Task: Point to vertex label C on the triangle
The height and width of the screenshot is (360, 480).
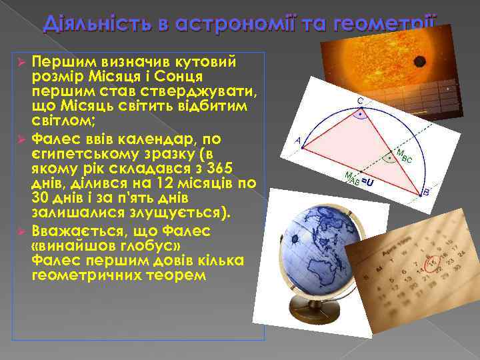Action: tap(359, 101)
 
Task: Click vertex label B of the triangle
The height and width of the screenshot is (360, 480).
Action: tap(426, 192)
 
